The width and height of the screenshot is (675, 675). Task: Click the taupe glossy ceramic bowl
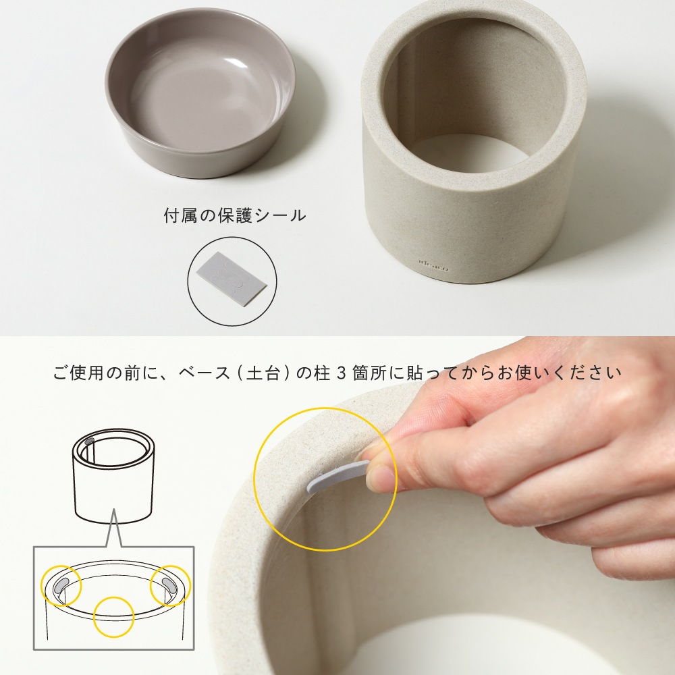click(200, 92)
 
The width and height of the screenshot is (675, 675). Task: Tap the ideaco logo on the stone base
click(433, 263)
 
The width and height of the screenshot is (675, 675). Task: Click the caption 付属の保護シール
click(235, 216)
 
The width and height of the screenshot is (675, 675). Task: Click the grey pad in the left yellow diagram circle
click(61, 585)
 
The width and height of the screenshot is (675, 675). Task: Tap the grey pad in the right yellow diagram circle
click(168, 585)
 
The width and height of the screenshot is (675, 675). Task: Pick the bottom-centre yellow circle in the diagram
click(113, 616)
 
